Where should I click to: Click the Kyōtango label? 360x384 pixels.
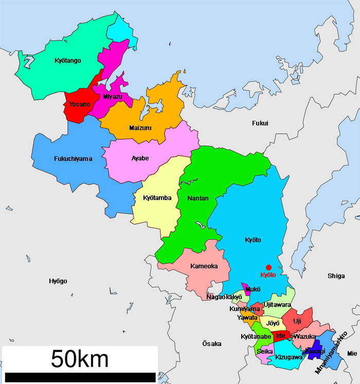67,61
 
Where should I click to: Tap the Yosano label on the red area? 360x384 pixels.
79,104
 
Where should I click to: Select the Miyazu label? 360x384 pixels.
113,97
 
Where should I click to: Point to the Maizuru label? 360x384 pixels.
140,128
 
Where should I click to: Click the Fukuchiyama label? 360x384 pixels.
73,159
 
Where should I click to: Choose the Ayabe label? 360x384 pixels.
140,158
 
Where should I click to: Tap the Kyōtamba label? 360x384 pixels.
157,198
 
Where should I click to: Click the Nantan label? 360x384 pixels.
198,198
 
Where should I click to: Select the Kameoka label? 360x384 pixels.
204,266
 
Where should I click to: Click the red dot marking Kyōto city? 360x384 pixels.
268,267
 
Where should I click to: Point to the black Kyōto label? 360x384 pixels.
253,240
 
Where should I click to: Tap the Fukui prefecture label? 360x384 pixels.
260,123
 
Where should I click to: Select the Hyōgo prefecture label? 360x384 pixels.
58,281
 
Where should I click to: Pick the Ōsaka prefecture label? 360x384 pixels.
211,343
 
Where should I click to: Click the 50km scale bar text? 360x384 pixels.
79,359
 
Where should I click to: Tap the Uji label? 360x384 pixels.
297,321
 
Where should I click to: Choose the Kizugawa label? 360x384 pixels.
289,357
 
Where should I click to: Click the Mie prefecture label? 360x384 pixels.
352,354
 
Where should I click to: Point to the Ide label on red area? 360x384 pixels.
280,336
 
